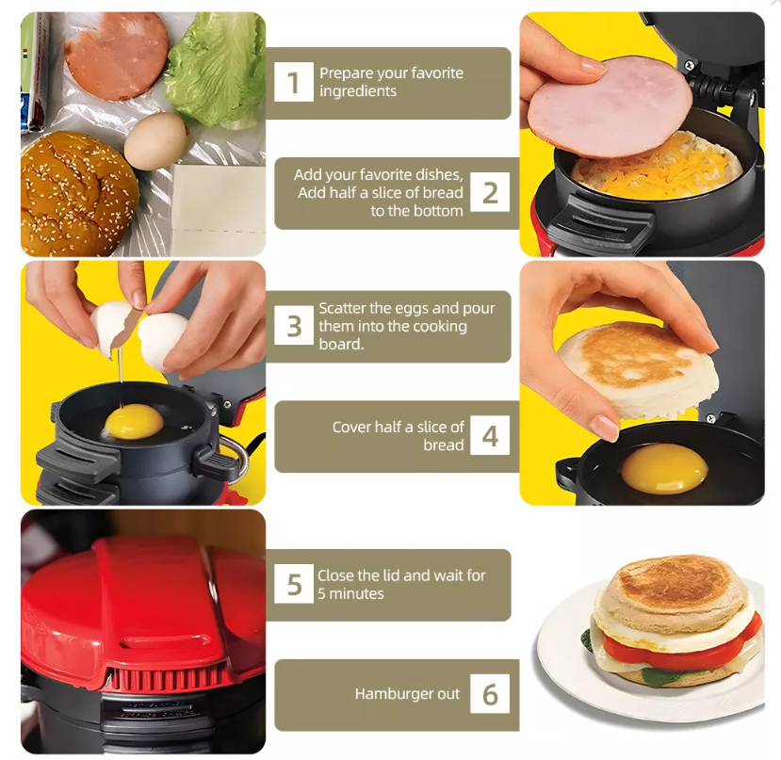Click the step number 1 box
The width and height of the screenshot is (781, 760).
point(293,83)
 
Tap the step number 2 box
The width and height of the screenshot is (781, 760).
point(490,193)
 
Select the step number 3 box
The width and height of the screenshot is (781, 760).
point(294,326)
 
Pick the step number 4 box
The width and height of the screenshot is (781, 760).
point(490,437)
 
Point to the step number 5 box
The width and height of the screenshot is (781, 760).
point(294,584)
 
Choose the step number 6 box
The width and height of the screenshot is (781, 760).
point(490,694)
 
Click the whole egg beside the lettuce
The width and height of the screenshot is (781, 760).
point(155,141)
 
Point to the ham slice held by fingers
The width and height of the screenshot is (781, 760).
point(609,106)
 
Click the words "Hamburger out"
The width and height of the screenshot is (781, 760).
point(407,694)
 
